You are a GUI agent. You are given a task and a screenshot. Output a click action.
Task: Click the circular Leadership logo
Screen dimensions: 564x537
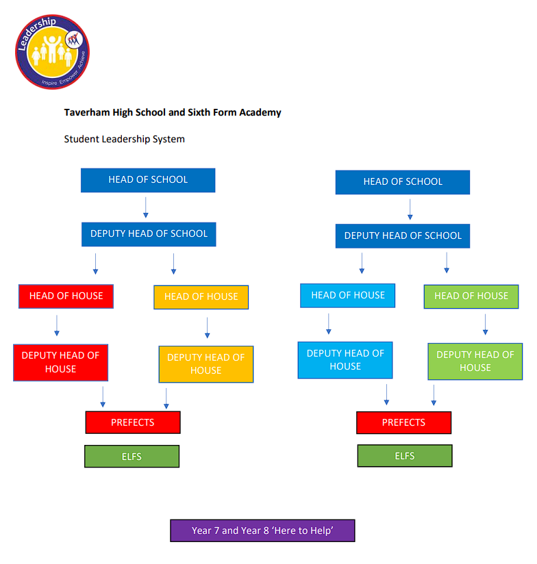52,52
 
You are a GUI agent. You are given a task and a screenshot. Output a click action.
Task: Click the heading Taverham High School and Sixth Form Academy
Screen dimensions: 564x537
173,112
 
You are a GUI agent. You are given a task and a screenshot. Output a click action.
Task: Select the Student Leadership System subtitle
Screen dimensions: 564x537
124,139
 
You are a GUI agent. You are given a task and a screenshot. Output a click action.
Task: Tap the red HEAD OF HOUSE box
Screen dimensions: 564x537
66,296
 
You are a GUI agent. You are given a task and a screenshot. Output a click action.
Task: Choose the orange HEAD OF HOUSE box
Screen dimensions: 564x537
201,297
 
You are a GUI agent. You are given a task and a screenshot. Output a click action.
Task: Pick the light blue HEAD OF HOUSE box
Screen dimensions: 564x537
347,296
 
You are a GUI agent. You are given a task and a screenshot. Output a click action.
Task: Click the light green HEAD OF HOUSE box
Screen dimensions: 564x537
471,296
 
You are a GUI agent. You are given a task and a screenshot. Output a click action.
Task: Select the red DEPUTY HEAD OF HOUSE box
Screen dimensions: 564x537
60,362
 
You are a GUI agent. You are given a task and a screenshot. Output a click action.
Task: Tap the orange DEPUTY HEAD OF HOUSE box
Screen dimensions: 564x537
205,363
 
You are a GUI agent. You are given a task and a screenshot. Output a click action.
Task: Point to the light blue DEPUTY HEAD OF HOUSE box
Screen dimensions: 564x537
345,360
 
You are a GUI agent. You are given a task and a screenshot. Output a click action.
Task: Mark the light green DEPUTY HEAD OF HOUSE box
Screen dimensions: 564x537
475,361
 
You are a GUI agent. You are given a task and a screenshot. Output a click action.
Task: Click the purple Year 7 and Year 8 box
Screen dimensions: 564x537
262,530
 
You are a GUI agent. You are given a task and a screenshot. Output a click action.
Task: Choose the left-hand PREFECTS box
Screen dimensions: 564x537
133,422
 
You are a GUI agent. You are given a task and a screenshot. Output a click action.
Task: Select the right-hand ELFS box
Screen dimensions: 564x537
405,456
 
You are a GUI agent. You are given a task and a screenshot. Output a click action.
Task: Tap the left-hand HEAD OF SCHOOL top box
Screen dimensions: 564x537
148,180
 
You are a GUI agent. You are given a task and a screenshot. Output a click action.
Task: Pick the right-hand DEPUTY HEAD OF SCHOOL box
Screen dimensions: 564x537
403,236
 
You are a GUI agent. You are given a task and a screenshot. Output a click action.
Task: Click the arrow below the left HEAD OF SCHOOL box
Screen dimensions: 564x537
146,207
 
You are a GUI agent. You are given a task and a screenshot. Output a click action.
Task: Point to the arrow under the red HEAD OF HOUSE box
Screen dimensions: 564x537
57,325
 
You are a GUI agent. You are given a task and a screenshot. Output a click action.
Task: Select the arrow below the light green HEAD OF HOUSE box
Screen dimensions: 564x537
485,324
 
